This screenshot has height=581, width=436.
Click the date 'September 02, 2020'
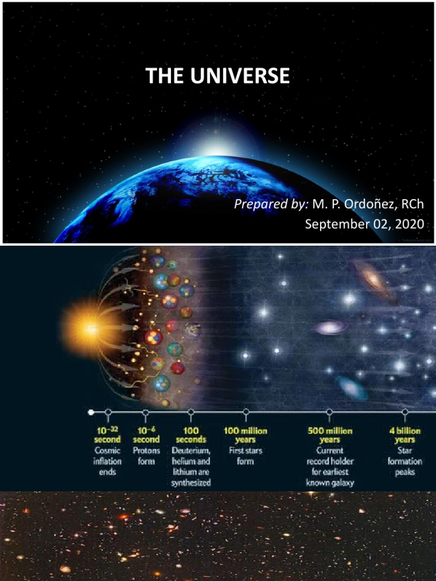pyautogui.click(x=364, y=224)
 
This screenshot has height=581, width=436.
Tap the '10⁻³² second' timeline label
pyautogui.click(x=107, y=435)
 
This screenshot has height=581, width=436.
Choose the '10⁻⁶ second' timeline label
pyautogui.click(x=146, y=435)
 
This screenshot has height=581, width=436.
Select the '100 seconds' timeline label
pyautogui.click(x=191, y=435)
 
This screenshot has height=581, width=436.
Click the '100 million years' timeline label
pyautogui.click(x=245, y=435)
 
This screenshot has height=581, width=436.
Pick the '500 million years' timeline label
pyautogui.click(x=329, y=435)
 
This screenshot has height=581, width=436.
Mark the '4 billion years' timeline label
pyautogui.click(x=405, y=435)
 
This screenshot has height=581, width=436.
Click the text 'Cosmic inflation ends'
pyautogui.click(x=107, y=461)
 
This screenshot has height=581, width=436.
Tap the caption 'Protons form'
pyautogui.click(x=146, y=456)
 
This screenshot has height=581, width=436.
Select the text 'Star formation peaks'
pyautogui.click(x=405, y=461)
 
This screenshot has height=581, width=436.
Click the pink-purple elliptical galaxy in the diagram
pyautogui.click(x=329, y=327)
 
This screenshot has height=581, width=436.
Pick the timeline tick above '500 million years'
pyautogui.click(x=329, y=412)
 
